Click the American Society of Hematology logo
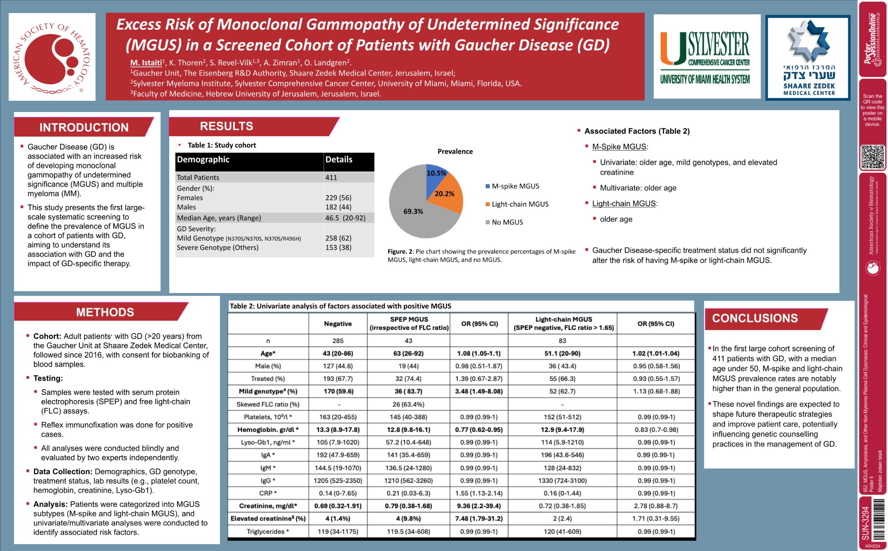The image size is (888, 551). pyautogui.click(x=52, y=57)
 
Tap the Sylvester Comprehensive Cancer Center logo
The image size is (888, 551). pyautogui.click(x=706, y=57)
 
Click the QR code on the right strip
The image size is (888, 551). pyautogui.click(x=872, y=157)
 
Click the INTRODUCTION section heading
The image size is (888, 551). pyautogui.click(x=84, y=127)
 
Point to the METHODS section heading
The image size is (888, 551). pyautogui.click(x=105, y=312)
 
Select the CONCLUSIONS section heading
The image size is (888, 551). pyautogui.click(x=755, y=318)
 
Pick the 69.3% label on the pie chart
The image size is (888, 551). pyautogui.click(x=413, y=212)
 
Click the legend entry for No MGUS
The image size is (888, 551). pyautogui.click(x=507, y=222)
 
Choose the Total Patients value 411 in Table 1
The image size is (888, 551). pyautogui.click(x=331, y=177)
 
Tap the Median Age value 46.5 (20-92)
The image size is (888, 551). pyautogui.click(x=345, y=218)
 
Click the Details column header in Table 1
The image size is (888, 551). pyautogui.click(x=339, y=160)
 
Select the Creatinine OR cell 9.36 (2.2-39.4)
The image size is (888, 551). pyautogui.click(x=479, y=506)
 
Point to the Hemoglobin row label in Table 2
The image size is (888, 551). pyautogui.click(x=268, y=430)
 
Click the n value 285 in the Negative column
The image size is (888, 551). pyautogui.click(x=338, y=341)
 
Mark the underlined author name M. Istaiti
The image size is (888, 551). pyautogui.click(x=146, y=63)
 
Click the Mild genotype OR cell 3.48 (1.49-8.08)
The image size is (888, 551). pyautogui.click(x=479, y=391)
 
